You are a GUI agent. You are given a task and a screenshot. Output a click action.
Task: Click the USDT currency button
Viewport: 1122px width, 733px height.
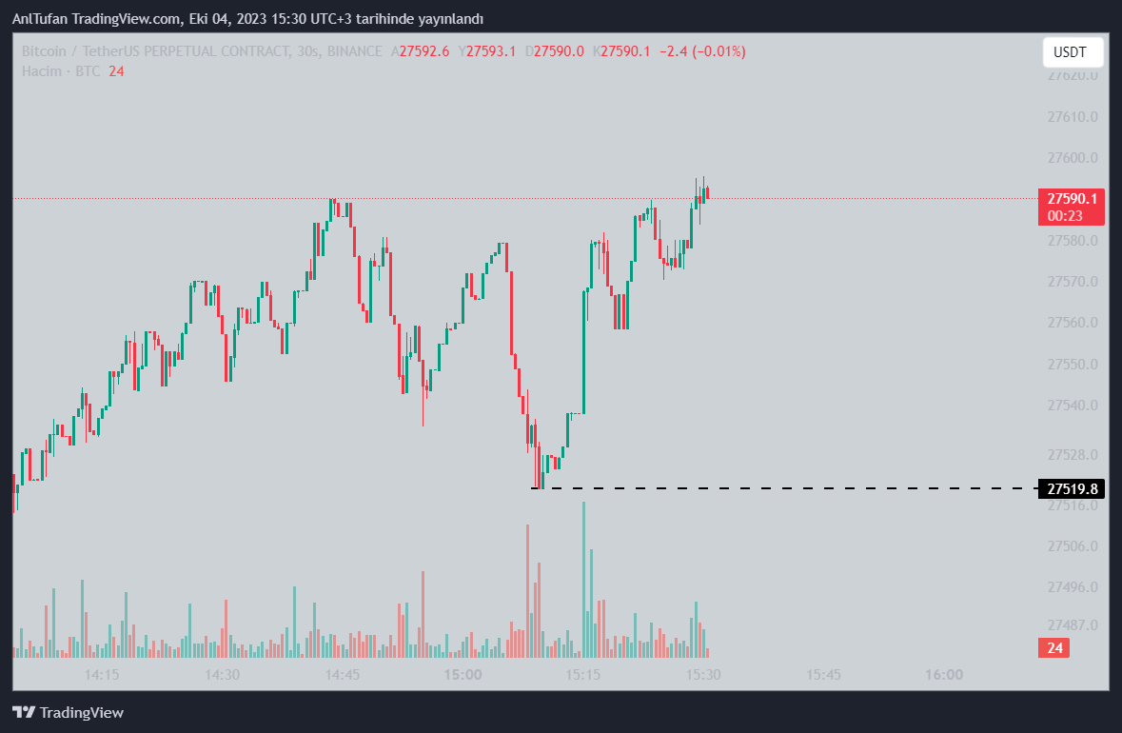coord(1073,51)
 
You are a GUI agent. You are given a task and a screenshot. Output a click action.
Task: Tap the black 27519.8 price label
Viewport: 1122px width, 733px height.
coord(1072,489)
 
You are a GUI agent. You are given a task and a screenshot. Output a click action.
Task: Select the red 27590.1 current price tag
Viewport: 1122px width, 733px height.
coord(1072,199)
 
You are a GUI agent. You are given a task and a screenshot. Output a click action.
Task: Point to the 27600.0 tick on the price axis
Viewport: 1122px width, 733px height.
coord(1073,158)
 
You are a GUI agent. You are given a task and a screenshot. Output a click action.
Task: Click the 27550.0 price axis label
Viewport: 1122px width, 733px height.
coord(1073,365)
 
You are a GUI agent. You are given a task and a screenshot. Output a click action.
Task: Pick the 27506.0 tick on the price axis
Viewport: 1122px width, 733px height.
coord(1073,546)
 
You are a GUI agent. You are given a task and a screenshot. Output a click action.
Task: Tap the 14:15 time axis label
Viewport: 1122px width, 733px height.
coord(102,674)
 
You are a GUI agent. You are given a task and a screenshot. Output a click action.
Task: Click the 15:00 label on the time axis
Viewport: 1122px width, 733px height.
coord(463,674)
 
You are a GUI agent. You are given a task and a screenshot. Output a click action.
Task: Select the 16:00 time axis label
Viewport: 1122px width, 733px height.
coord(943,674)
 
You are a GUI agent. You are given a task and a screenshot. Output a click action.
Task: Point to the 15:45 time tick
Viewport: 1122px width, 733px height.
coord(823,674)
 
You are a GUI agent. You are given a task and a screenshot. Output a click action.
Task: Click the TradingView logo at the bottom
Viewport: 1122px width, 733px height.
coord(68,712)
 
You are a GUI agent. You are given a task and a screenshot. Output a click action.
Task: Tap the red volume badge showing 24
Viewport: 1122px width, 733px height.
coord(1053,648)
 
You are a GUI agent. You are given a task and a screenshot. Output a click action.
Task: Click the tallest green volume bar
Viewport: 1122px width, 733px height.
coord(584,579)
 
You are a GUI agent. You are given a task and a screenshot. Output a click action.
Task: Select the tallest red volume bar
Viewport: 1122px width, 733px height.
coord(526,590)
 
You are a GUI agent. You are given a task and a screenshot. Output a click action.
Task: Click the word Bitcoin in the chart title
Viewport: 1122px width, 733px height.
coord(45,51)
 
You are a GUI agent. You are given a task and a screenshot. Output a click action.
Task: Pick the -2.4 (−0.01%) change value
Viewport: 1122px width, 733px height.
coord(704,51)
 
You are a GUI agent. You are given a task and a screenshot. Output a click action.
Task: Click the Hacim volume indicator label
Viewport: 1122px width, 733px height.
coord(42,71)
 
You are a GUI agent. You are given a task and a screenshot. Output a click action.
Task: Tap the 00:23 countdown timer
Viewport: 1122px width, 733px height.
coord(1061,216)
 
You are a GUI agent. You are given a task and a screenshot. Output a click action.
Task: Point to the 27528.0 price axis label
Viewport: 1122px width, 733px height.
coord(1073,455)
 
